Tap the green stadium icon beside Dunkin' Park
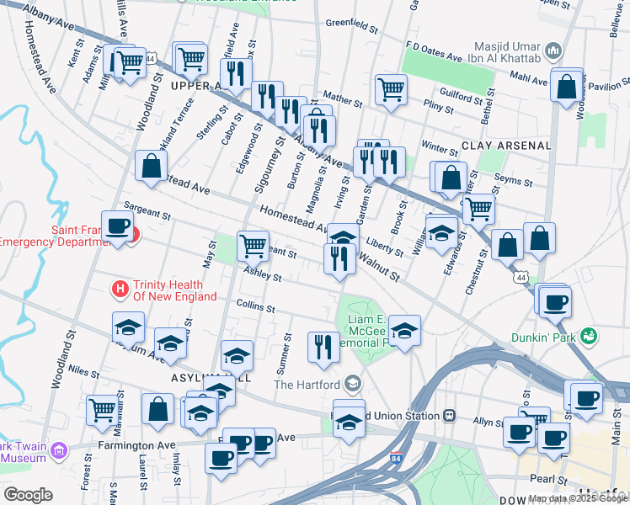click(x=590, y=337)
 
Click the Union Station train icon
click(x=450, y=416)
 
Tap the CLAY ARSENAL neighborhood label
click(x=506, y=146)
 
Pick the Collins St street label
click(x=256, y=306)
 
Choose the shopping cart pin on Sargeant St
click(x=253, y=246)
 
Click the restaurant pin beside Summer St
click(x=323, y=347)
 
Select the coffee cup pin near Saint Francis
click(x=117, y=226)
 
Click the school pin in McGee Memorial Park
click(x=404, y=331)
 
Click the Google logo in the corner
click(x=28, y=494)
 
